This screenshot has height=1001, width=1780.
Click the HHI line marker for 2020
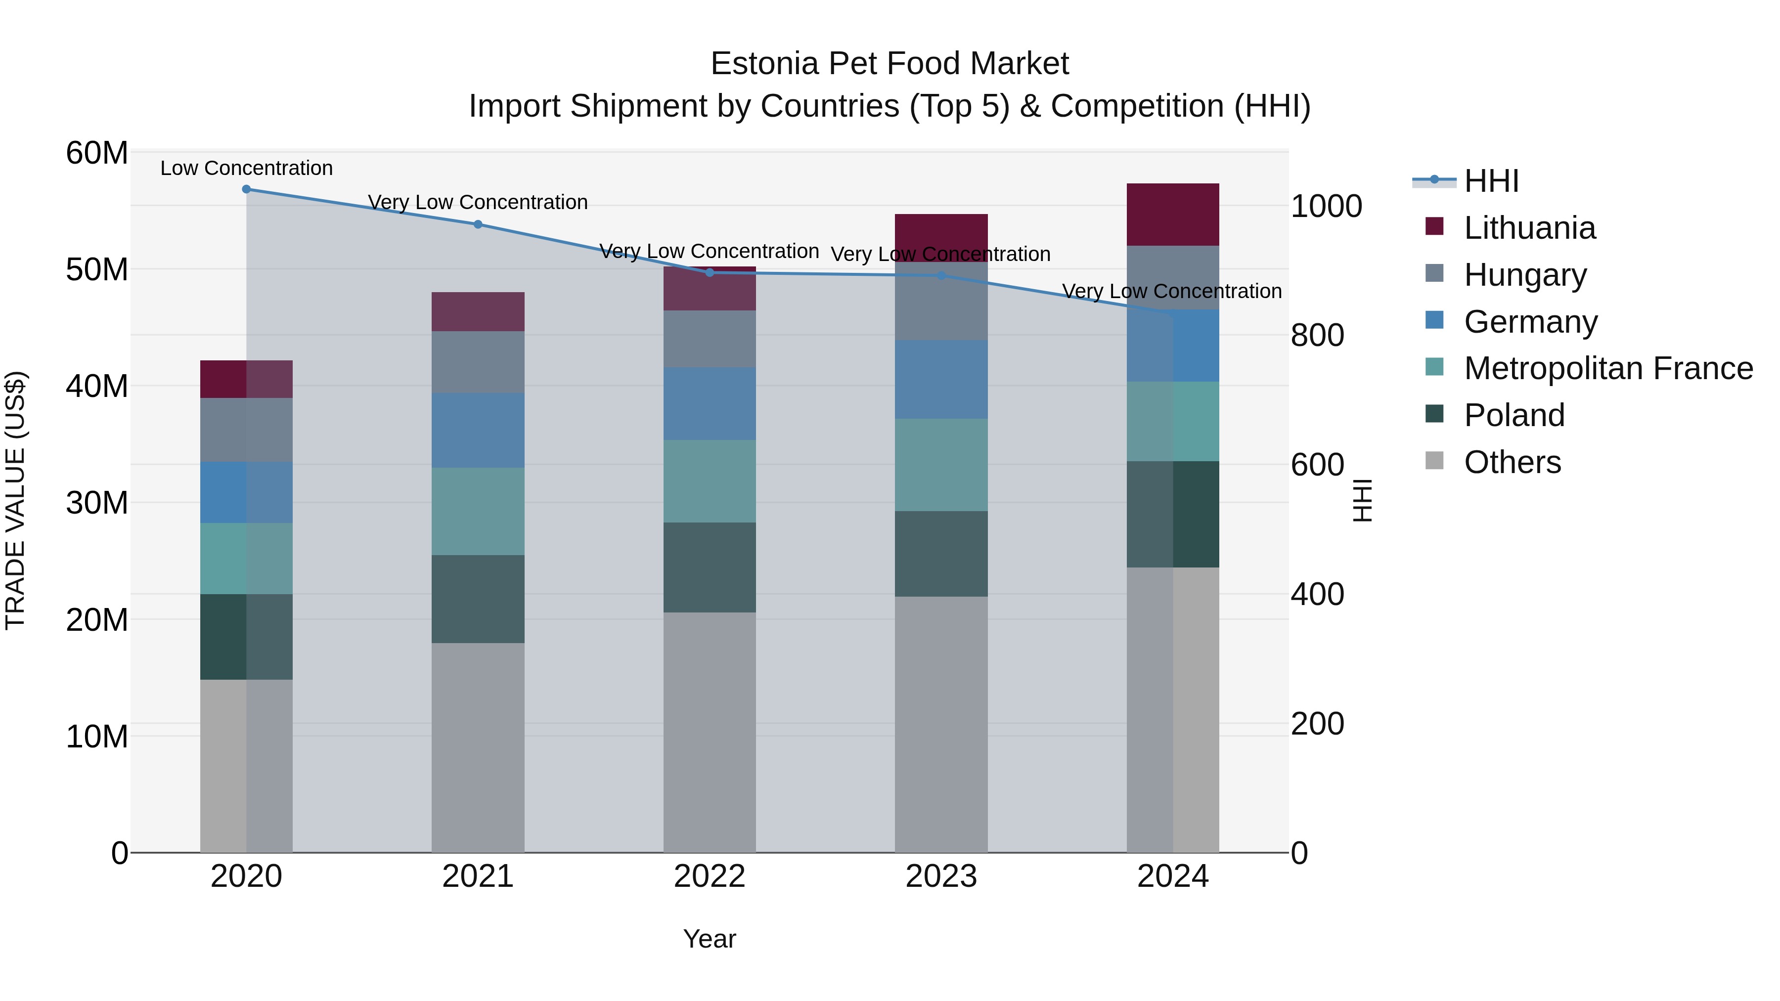point(246,189)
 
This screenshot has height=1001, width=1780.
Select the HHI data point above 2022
point(709,273)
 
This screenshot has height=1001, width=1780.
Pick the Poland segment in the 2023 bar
point(940,554)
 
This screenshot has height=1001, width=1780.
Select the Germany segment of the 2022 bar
point(709,404)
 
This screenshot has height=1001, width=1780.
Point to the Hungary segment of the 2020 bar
point(246,430)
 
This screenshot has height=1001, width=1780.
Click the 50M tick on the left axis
point(97,269)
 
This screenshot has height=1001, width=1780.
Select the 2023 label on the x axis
point(940,876)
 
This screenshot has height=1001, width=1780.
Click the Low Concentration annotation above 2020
point(246,168)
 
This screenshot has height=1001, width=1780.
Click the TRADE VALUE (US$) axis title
point(15,500)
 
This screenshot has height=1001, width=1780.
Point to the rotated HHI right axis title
point(1362,500)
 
